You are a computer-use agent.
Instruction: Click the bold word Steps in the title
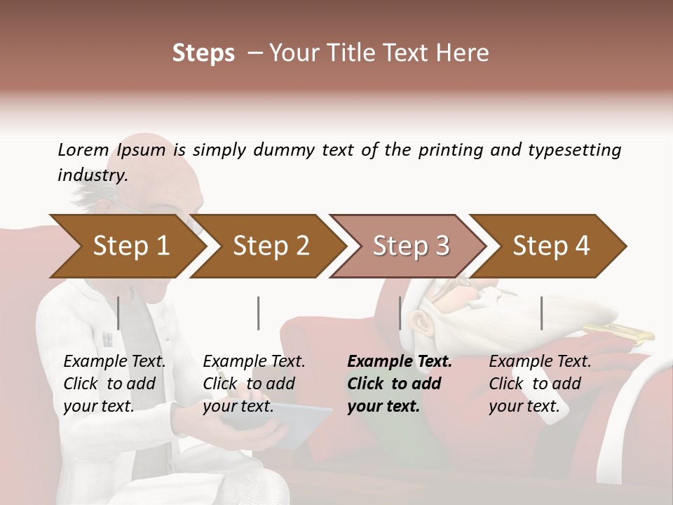[x=203, y=53]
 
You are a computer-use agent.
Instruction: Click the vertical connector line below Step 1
[x=118, y=313]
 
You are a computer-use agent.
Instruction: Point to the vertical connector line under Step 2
[x=259, y=313]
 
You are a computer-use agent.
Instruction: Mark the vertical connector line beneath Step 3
[x=400, y=313]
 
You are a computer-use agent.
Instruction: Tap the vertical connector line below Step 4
[x=542, y=313]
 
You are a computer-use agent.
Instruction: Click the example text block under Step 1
[x=114, y=384]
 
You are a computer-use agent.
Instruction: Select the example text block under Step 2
[x=253, y=384]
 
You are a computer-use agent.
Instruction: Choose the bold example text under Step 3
[x=399, y=384]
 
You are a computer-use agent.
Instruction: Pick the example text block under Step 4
[x=539, y=384]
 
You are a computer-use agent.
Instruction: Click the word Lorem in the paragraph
[x=83, y=149]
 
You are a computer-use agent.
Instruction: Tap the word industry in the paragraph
[x=92, y=175]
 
